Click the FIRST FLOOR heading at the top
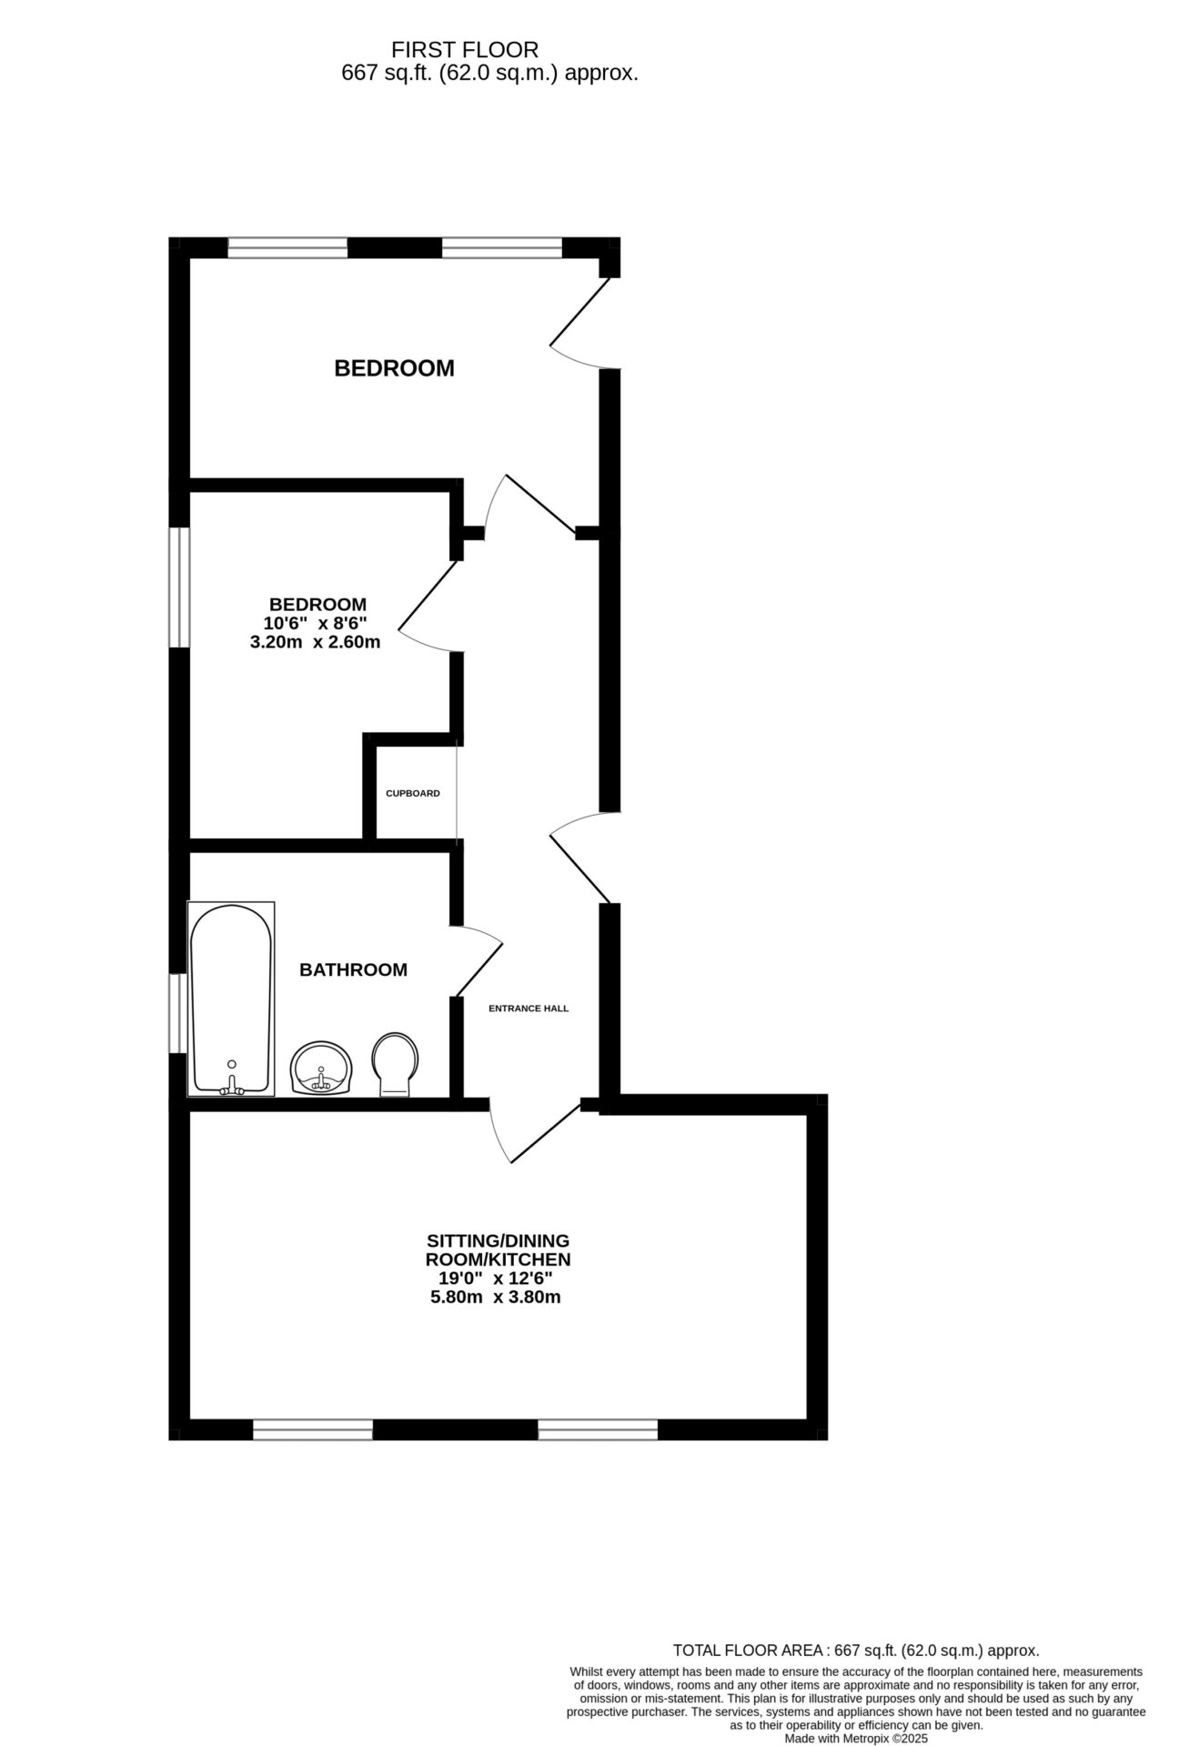click(x=464, y=49)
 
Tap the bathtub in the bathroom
click(x=231, y=998)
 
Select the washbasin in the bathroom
click(x=320, y=1067)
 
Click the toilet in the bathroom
click(x=396, y=1062)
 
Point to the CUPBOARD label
click(x=412, y=793)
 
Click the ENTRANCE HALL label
click(x=528, y=1008)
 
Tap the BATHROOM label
click(x=353, y=969)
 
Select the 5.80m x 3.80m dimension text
click(x=495, y=1297)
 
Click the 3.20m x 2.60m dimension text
click(x=315, y=642)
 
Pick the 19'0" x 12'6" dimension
click(x=495, y=1278)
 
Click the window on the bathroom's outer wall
click(x=178, y=1013)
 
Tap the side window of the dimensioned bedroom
click(x=180, y=587)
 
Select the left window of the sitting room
click(x=312, y=1430)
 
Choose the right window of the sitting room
click(x=597, y=1430)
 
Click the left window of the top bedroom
click(x=287, y=247)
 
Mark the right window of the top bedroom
click(x=501, y=247)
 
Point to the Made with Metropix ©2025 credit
click(x=855, y=1739)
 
